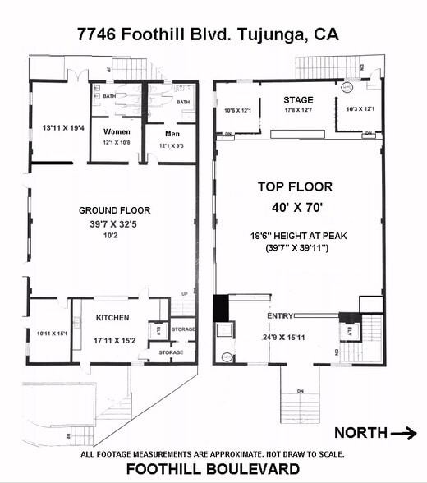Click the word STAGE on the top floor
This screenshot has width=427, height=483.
(298, 100)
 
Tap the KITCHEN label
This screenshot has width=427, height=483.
(114, 317)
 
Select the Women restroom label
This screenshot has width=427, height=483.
(117, 131)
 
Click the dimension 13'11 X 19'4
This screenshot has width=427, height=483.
(63, 128)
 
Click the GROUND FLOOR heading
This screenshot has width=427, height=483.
(114, 210)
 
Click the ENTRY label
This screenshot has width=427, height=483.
(280, 316)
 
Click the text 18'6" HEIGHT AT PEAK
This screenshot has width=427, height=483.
(299, 236)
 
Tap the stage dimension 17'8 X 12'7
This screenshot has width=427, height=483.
(298, 111)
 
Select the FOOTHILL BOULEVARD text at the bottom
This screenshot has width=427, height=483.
(213, 469)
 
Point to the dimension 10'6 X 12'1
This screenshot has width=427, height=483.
(240, 110)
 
